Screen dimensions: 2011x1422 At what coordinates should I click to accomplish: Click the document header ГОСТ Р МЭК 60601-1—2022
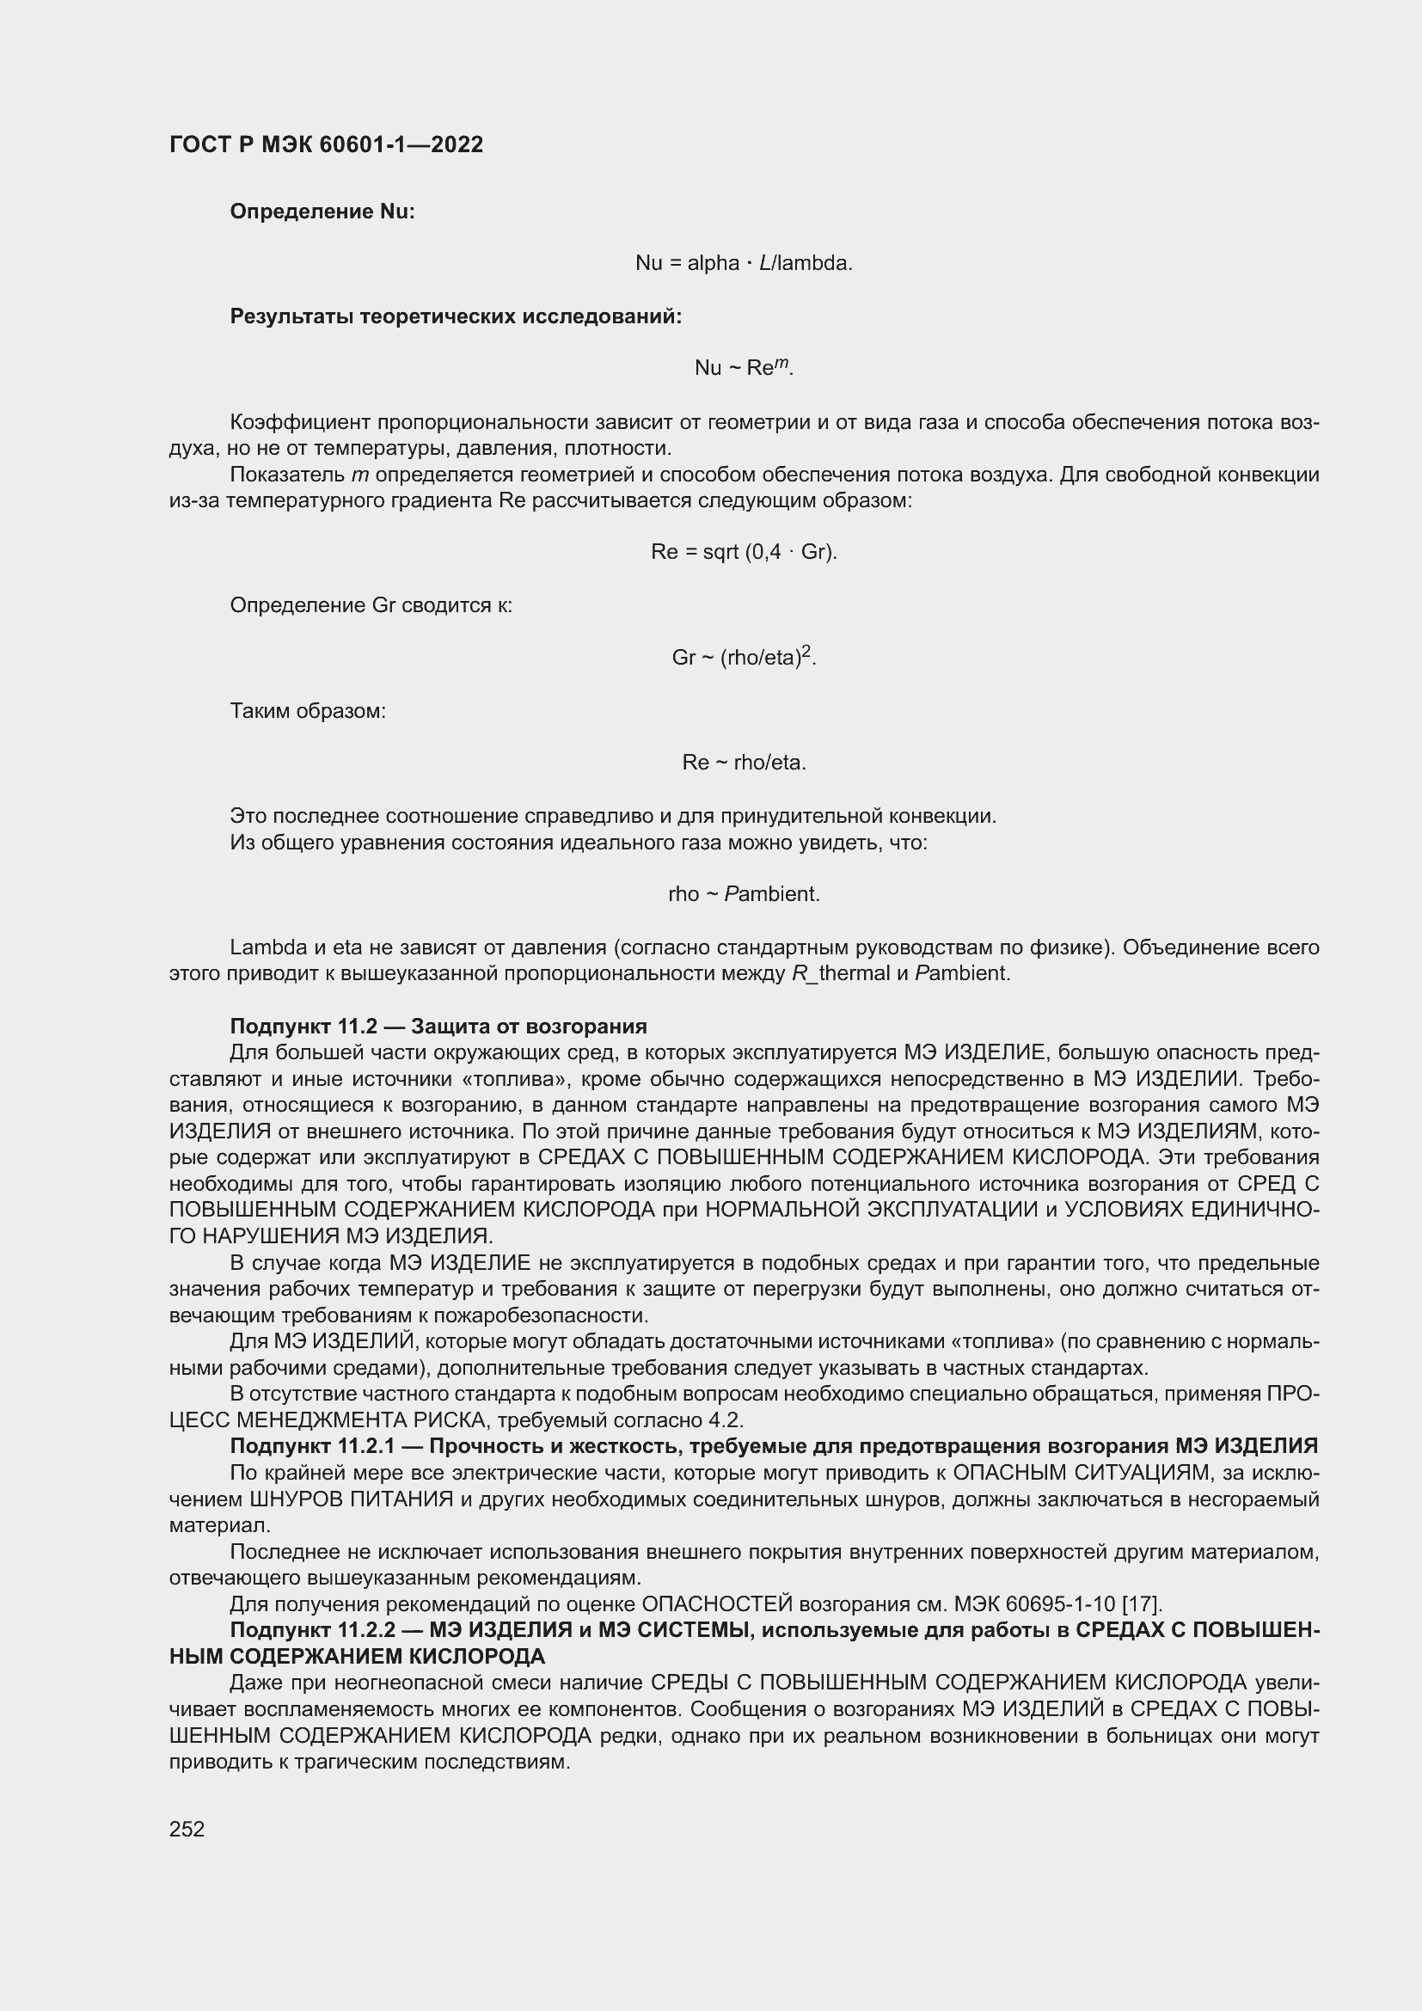click(x=326, y=145)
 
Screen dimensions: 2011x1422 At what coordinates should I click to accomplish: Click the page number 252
click(x=187, y=1829)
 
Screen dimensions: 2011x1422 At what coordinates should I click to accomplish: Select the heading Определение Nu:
click(x=322, y=212)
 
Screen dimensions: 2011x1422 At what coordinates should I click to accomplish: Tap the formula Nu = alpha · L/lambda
click(x=744, y=263)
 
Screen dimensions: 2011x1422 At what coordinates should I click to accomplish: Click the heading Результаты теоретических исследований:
click(x=456, y=316)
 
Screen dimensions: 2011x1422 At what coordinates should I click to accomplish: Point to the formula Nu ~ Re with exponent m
click(x=744, y=367)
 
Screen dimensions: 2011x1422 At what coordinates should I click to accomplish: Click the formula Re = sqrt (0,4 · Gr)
click(x=744, y=552)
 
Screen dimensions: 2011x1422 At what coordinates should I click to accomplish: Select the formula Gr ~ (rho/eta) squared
click(x=744, y=657)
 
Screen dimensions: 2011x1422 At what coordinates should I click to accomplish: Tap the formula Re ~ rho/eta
click(x=744, y=763)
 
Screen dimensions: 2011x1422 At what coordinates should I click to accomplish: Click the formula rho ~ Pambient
click(x=744, y=894)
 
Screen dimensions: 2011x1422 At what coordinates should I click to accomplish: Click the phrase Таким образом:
click(x=307, y=710)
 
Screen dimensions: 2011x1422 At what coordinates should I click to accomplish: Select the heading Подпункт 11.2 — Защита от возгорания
click(x=438, y=1026)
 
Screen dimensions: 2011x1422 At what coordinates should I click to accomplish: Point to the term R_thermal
click(x=840, y=973)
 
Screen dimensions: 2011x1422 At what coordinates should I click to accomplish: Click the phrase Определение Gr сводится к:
click(x=371, y=605)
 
